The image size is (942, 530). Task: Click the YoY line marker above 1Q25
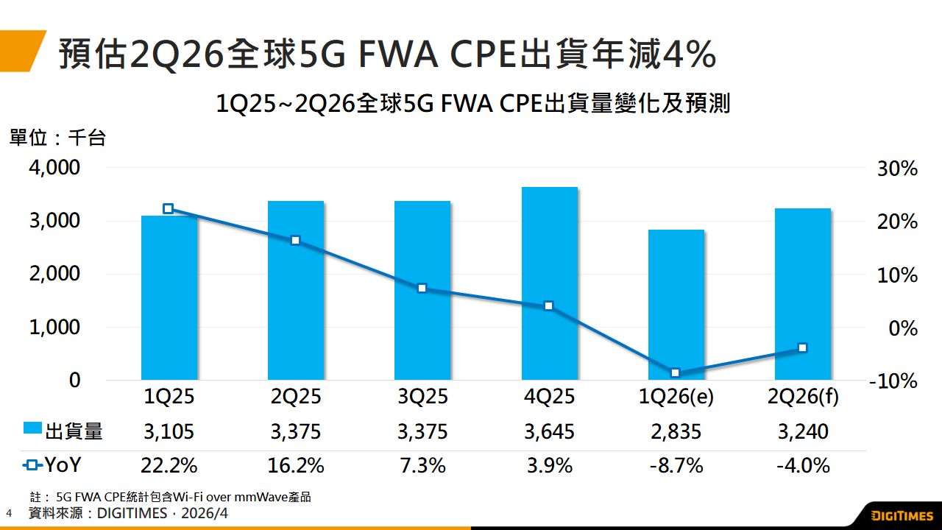(169, 209)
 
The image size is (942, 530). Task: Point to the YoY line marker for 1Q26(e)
(676, 372)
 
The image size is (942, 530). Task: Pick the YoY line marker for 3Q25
(422, 288)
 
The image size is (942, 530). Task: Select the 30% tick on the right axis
(893, 169)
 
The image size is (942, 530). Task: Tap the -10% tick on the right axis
(893, 381)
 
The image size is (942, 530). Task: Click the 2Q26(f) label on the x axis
(803, 397)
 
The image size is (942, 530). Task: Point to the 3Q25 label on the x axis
(422, 397)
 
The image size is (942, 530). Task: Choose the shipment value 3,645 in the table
(549, 431)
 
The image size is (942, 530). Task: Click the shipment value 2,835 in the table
(676, 431)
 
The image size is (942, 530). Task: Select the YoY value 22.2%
(169, 465)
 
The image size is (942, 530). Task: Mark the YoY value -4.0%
(803, 465)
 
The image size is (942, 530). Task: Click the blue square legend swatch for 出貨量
(33, 428)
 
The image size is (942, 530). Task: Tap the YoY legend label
(63, 465)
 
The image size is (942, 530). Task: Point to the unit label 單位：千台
(57, 138)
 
